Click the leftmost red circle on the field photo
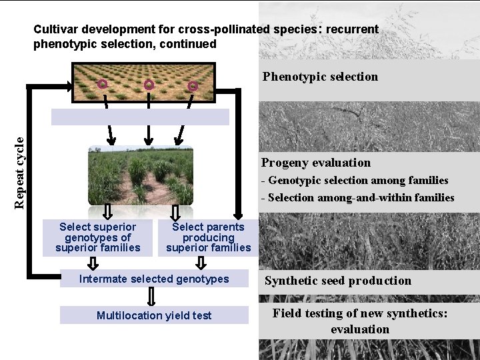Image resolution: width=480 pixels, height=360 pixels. click(102, 84)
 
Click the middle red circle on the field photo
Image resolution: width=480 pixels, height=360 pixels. click(149, 85)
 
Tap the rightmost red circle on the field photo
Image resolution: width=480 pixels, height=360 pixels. click(193, 86)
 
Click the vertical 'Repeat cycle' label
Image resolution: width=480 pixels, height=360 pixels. click(21, 172)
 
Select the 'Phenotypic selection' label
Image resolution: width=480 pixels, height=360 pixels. click(320, 77)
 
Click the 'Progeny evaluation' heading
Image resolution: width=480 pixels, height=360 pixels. click(316, 163)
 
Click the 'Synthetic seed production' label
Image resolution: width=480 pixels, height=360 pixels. click(338, 281)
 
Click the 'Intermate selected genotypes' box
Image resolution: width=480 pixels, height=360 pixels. click(154, 279)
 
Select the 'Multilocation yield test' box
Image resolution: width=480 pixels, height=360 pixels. click(154, 315)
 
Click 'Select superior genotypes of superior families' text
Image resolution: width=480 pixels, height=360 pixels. click(98, 237)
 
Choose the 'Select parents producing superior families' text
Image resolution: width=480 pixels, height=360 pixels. click(209, 237)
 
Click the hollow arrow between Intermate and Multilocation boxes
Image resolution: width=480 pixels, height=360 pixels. click(151, 297)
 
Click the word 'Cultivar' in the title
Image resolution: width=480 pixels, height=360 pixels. click(54, 29)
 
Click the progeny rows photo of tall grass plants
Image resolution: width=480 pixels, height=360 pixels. click(140, 175)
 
